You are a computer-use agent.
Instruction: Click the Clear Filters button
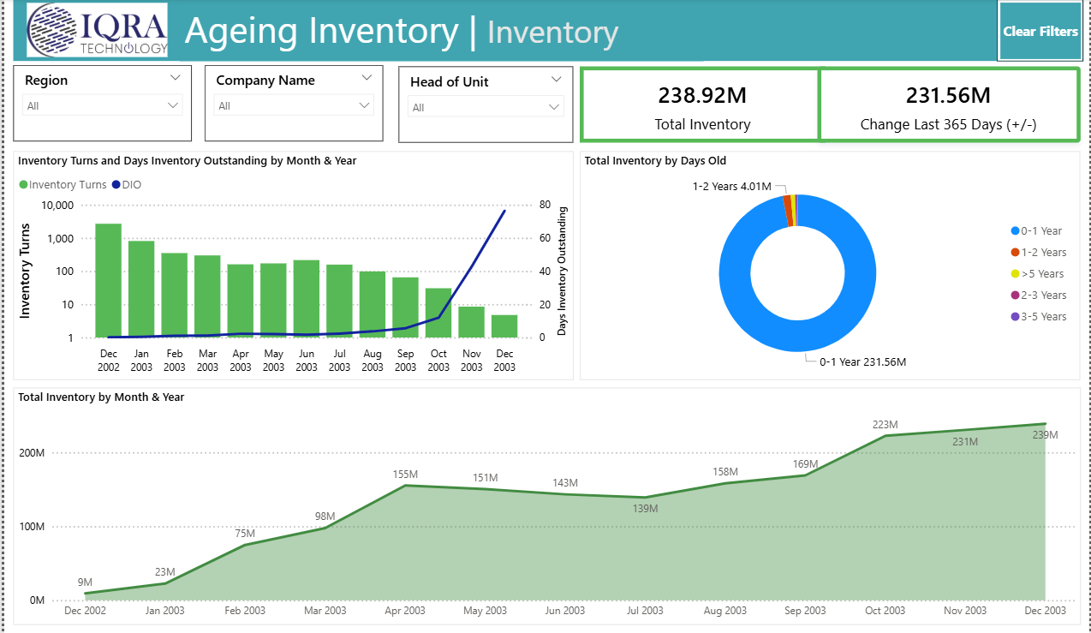tap(1040, 32)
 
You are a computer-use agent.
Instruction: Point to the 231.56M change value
tap(948, 95)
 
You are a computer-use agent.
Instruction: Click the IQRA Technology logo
tap(97, 30)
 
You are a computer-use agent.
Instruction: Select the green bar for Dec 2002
tap(109, 280)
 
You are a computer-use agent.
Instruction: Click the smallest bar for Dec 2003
tap(504, 326)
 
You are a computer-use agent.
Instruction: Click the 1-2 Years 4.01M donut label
tap(731, 186)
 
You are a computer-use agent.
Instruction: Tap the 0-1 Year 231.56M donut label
tap(861, 362)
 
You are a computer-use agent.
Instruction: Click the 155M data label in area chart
tap(404, 475)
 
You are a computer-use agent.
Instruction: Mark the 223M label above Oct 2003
tap(885, 425)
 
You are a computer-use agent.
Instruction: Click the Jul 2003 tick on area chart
tap(645, 611)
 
